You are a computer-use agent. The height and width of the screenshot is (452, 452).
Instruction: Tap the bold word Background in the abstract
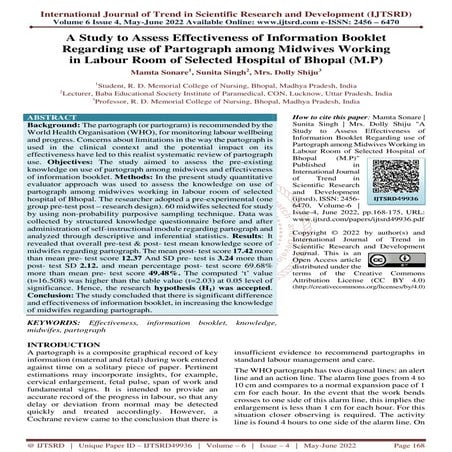(51, 153)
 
